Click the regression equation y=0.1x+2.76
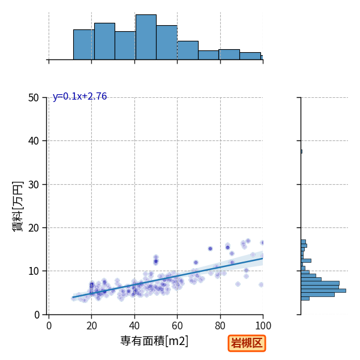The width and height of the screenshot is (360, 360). [80, 97]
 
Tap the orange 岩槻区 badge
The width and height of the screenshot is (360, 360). [247, 343]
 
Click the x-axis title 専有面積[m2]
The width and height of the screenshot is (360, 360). [154, 341]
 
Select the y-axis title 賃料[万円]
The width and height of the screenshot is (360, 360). [17, 206]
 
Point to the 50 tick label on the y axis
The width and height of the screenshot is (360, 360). [34, 98]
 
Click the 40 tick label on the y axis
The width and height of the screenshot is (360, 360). [34, 141]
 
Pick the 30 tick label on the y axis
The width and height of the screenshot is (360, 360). [34, 185]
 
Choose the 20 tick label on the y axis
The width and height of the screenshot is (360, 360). [34, 228]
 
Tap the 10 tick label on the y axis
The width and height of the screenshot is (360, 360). [34, 271]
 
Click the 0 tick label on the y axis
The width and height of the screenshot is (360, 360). [37, 315]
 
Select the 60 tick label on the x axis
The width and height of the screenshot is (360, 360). [177, 326]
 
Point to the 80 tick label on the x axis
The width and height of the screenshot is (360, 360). [220, 326]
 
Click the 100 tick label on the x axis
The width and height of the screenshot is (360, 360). [263, 326]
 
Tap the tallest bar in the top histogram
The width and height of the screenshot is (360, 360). [146, 37]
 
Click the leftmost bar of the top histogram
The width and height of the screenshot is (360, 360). [84, 44]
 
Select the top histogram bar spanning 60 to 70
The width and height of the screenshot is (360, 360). [188, 50]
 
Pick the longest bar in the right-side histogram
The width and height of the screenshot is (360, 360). [323, 290]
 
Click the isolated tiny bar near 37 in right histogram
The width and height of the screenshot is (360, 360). [301, 152]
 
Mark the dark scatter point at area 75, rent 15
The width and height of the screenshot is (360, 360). [210, 248]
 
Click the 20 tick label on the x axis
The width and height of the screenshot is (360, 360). [92, 326]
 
